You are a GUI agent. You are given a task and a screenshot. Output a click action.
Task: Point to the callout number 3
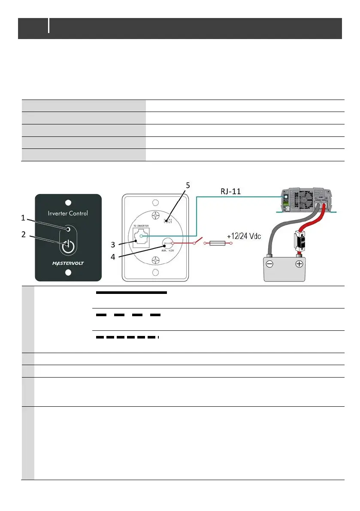(113, 245)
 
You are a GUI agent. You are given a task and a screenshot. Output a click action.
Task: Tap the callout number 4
(112, 258)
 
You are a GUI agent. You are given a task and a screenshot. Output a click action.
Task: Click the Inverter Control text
(68, 213)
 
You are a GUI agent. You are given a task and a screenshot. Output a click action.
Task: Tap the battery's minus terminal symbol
(269, 264)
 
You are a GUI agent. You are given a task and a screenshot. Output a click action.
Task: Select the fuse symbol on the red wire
(218, 244)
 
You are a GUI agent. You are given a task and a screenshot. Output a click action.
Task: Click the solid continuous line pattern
(131, 293)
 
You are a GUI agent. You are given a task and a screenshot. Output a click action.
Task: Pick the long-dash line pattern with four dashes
(128, 315)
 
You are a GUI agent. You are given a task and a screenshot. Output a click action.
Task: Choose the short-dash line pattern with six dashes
(127, 337)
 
